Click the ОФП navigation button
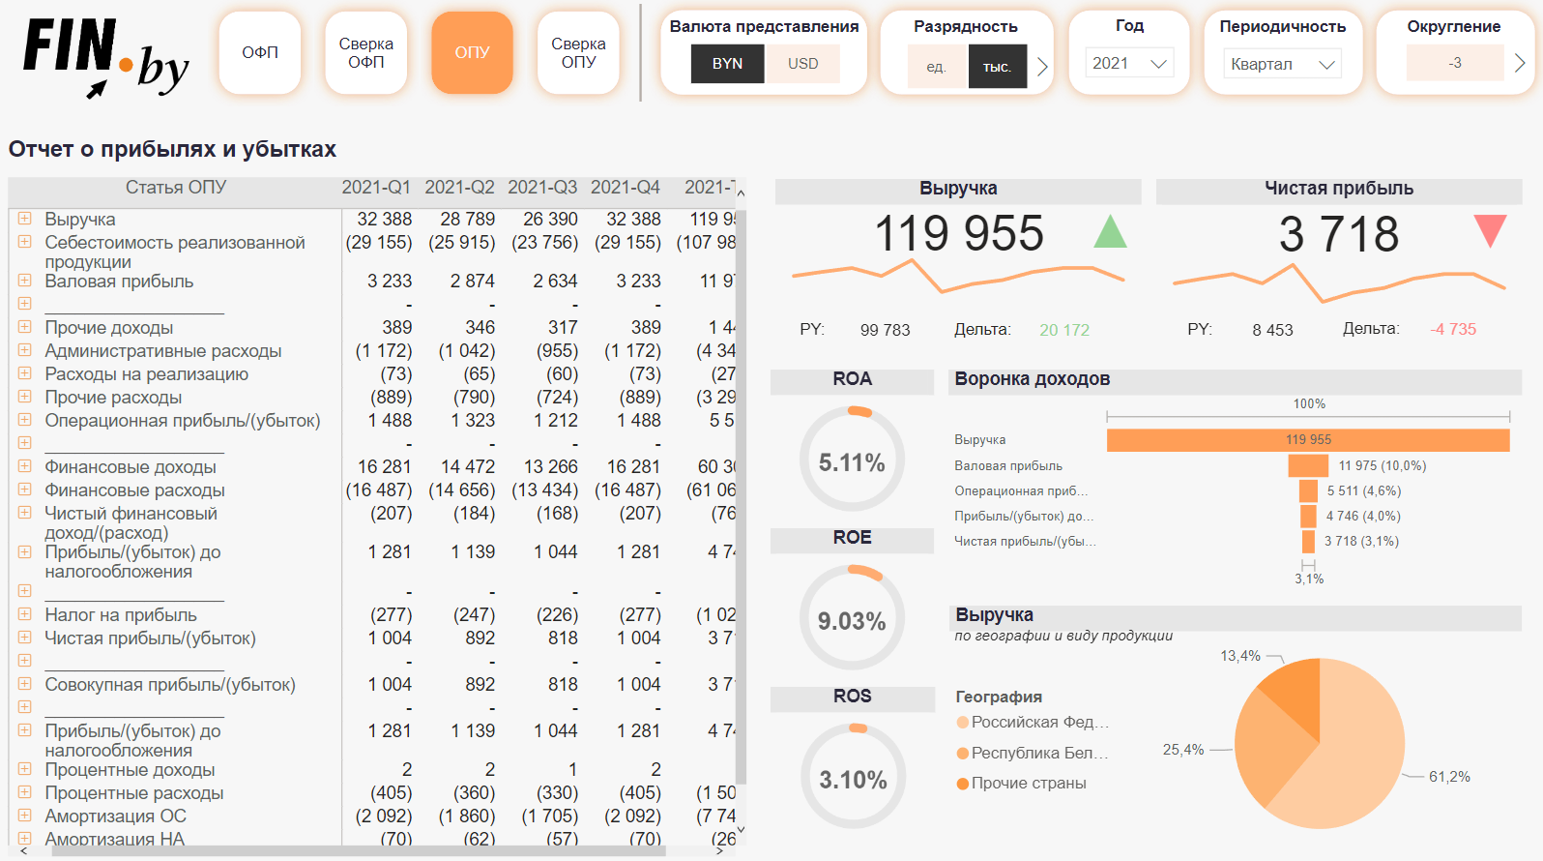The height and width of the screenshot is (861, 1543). click(259, 53)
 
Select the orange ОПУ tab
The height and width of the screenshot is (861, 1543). click(472, 53)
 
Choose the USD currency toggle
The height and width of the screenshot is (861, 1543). click(802, 64)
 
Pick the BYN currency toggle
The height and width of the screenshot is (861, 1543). click(727, 64)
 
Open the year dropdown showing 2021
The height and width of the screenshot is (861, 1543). click(1129, 64)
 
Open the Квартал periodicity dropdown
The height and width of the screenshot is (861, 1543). click(1282, 65)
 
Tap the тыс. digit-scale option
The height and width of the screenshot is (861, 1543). click(997, 67)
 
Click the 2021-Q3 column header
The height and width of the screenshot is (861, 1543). click(542, 188)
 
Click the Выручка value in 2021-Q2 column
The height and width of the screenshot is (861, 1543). click(468, 220)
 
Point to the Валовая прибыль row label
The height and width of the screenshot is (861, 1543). click(119, 282)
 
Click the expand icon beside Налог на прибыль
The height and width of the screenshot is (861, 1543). click(25, 614)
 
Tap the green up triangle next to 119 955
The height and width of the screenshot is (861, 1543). click(1110, 232)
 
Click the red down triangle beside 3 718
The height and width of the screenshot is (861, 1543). click(1490, 230)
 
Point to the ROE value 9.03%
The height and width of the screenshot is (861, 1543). click(852, 621)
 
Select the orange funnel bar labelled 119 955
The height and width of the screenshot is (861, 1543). click(1308, 440)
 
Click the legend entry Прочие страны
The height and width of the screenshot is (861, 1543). click(1028, 784)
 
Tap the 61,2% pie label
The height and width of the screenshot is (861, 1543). click(1449, 777)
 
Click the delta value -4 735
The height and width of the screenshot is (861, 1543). click(1453, 330)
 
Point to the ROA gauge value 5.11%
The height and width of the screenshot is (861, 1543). click(852, 463)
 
